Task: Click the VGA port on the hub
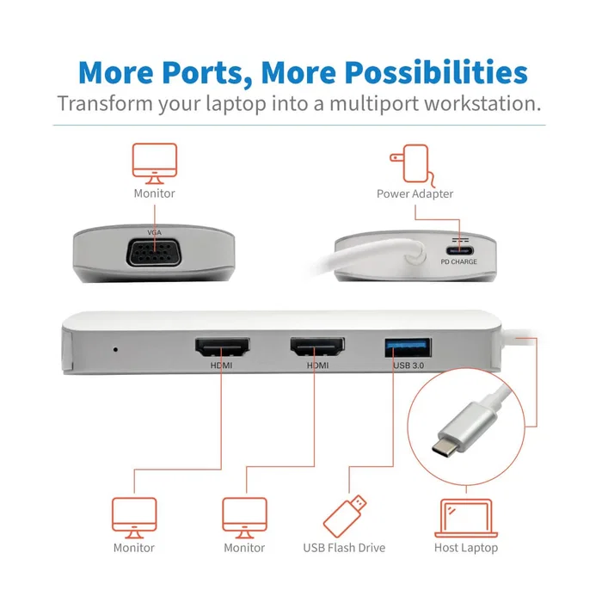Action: point(154,255)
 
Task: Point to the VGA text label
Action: point(154,233)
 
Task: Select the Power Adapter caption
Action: point(415,193)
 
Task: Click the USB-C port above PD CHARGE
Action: point(458,244)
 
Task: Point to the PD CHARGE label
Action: point(458,261)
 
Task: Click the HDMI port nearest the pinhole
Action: point(221,348)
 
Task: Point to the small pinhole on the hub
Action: point(115,349)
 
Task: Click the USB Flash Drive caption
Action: point(344,548)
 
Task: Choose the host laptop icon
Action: point(465,518)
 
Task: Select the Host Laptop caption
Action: point(466,548)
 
